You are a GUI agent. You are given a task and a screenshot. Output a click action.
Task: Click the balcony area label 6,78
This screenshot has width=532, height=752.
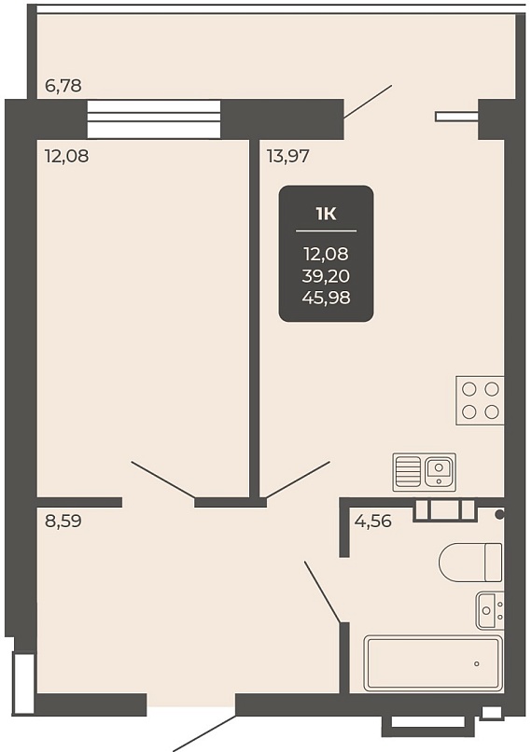pyautogui.click(x=63, y=87)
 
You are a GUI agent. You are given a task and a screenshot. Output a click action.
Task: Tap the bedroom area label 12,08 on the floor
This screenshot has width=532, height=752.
pyautogui.click(x=66, y=157)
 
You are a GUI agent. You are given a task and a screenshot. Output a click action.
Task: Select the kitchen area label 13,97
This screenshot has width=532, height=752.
pyautogui.click(x=288, y=157)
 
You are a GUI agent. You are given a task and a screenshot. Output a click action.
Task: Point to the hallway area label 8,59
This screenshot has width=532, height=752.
pyautogui.click(x=63, y=521)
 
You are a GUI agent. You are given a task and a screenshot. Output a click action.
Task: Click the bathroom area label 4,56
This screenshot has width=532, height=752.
pyautogui.click(x=372, y=521)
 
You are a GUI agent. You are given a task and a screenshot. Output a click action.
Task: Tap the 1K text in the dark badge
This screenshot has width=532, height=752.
pyautogui.click(x=327, y=214)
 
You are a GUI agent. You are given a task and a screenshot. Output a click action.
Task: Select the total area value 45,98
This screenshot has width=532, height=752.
pyautogui.click(x=327, y=298)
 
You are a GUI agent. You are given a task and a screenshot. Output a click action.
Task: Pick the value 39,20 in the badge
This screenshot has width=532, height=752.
pyautogui.click(x=327, y=276)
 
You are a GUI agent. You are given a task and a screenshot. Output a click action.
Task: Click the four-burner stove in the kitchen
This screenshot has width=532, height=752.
pyautogui.click(x=480, y=400)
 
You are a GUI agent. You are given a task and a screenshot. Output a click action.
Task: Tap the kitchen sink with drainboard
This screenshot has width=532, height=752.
pyautogui.click(x=425, y=472)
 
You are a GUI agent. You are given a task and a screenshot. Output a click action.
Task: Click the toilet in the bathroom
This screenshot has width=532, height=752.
pyautogui.click(x=470, y=562)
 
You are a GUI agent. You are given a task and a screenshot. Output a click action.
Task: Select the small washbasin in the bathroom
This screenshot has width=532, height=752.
pyautogui.click(x=490, y=610)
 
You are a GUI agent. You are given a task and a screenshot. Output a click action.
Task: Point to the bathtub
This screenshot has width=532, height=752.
pyautogui.click(x=433, y=663)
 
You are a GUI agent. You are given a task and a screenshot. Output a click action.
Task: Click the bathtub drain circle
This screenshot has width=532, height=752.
pyautogui.click(x=476, y=664)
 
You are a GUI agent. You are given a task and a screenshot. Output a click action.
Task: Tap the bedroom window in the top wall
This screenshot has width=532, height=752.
pyautogui.click(x=154, y=118)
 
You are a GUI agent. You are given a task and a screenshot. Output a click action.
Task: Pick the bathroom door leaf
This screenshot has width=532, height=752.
pyautogui.click(x=322, y=592)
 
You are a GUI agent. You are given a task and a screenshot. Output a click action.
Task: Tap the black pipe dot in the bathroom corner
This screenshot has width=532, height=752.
pyautogui.click(x=499, y=515)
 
